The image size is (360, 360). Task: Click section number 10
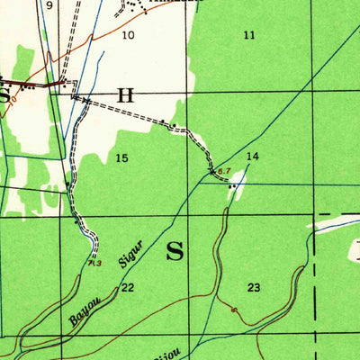[x=128, y=35]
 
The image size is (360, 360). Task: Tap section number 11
[x=249, y=35]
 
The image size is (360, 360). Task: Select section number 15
[x=121, y=158]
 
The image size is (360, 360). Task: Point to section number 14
[x=253, y=157]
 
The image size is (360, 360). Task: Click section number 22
[x=128, y=287]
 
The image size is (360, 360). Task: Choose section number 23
[x=255, y=287]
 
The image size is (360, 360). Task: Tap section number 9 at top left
[x=49, y=5]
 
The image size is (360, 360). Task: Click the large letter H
[x=125, y=94]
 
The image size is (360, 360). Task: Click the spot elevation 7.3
[x=96, y=263]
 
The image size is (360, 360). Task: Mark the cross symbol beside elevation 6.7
[x=212, y=168]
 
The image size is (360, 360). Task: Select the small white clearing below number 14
[x=236, y=185]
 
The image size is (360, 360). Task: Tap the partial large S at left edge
[x=4, y=94]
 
